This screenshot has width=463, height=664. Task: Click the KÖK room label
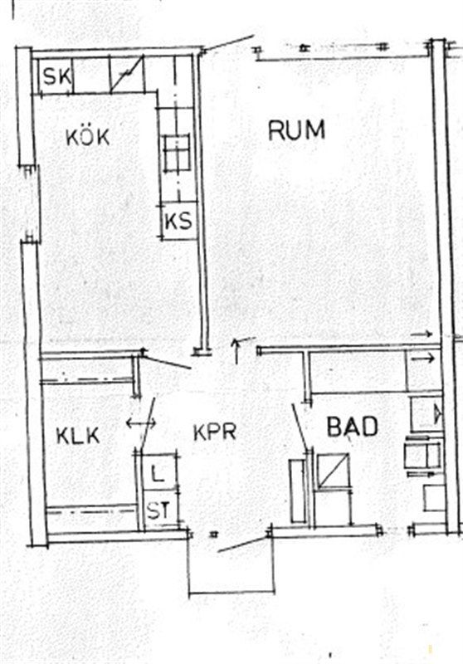[88, 137]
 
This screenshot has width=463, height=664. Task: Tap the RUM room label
[297, 129]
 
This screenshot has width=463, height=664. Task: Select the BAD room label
[353, 427]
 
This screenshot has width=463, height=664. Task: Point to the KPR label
[214, 432]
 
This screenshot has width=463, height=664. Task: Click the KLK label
[78, 436]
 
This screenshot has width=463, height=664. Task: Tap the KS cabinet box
[178, 222]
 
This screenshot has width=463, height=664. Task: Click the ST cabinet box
[159, 509]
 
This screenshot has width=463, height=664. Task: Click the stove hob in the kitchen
[177, 154]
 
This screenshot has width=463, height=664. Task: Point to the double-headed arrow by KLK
[141, 422]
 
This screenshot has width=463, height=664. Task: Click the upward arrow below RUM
[236, 351]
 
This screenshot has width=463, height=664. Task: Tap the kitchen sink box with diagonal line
[127, 75]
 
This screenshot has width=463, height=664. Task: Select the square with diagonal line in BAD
[334, 471]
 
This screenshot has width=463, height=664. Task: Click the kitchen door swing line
[167, 362]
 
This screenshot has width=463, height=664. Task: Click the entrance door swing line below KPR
[244, 544]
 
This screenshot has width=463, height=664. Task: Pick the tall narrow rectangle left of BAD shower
[297, 491]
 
